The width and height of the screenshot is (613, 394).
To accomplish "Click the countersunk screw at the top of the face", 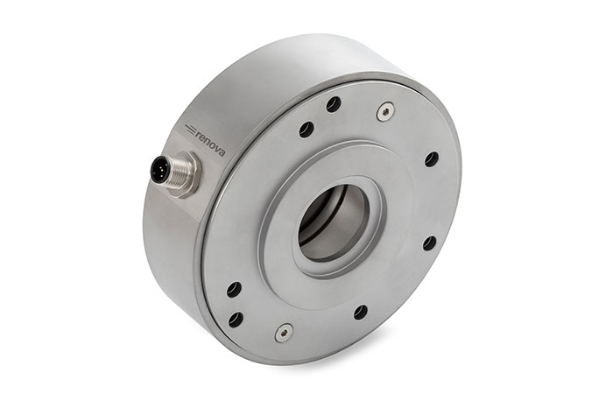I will pyautogui.click(x=384, y=110).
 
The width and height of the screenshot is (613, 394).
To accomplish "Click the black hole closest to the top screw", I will pyautogui.click(x=334, y=104).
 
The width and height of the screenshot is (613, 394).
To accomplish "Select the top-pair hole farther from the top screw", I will pyautogui.click(x=306, y=130).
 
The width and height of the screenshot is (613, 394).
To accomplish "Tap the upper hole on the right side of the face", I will pyautogui.click(x=432, y=159).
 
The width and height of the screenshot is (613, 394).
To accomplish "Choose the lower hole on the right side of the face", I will pyautogui.click(x=429, y=243).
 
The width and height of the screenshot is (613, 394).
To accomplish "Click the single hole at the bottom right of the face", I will pyautogui.click(x=361, y=312).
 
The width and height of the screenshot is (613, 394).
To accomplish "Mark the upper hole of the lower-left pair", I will pyautogui.click(x=233, y=289).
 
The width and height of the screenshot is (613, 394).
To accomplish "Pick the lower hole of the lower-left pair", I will pyautogui.click(x=236, y=320).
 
